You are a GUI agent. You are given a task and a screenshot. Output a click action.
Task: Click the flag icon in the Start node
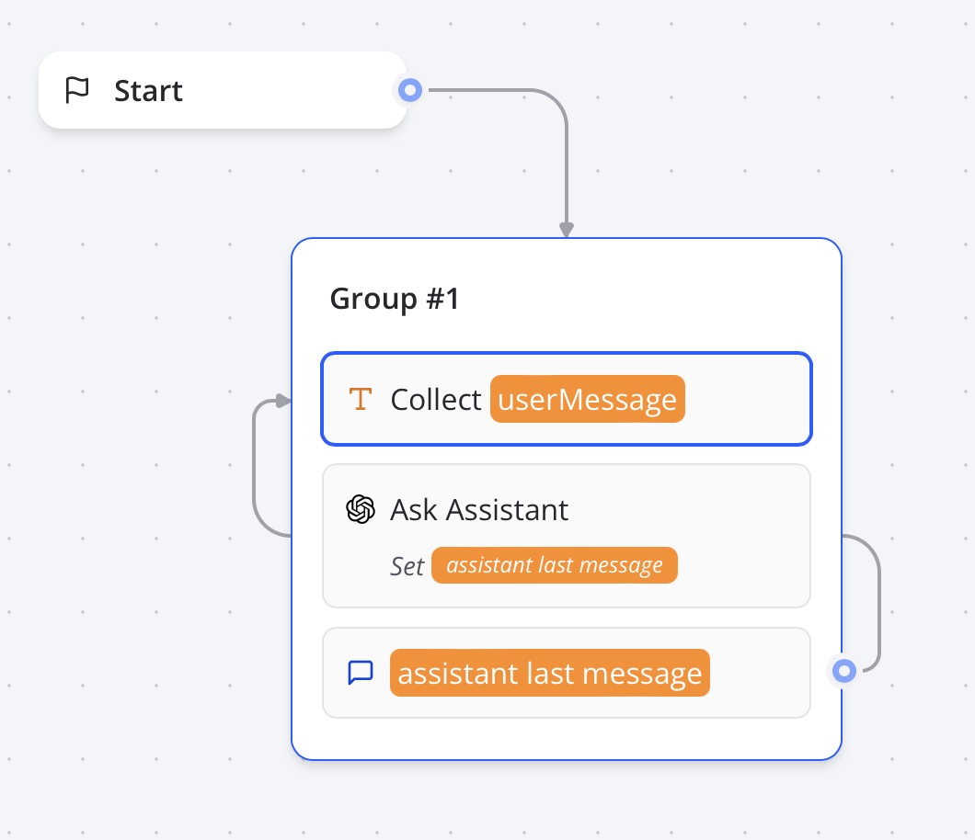pos(77,90)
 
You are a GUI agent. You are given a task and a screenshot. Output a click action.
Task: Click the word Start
pos(148,91)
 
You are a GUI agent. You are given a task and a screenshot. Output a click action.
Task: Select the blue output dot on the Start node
pos(409,90)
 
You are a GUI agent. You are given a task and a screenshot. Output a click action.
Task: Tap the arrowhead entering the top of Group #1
pos(567,229)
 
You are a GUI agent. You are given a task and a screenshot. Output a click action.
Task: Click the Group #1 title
pos(395,299)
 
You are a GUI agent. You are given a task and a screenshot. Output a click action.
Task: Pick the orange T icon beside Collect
pos(360,399)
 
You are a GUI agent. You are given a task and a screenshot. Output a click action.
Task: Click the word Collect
pos(436,400)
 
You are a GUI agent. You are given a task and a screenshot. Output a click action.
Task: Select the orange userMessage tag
pos(588,399)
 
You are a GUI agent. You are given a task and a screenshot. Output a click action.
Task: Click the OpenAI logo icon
pos(361,509)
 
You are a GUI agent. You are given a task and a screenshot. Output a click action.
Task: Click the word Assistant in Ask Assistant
pos(507,510)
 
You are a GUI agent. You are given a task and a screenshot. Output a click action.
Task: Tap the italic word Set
pos(407,566)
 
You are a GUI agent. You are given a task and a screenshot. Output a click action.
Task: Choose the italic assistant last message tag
pos(555,565)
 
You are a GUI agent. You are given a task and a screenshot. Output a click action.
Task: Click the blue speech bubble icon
pos(361,672)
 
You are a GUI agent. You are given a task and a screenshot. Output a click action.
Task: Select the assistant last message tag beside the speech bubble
pos(550,673)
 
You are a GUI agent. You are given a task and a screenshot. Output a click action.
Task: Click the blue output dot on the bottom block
pos(843,671)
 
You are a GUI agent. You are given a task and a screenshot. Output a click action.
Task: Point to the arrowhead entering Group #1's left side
pos(283,401)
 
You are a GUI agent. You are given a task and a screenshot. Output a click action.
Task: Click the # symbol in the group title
pos(435,299)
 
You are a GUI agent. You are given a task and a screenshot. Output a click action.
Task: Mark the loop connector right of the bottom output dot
pos(879,603)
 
